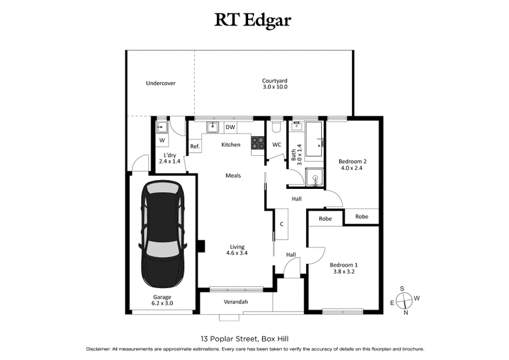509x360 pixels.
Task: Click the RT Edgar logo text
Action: (x=254, y=20)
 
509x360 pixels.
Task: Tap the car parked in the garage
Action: (x=163, y=236)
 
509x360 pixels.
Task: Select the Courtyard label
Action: (x=275, y=81)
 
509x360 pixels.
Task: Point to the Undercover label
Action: (x=160, y=83)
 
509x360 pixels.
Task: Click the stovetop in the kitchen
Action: (x=258, y=144)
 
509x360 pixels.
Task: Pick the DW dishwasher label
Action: (x=230, y=128)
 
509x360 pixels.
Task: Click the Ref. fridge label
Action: (x=195, y=148)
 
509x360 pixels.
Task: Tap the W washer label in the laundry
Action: (x=162, y=141)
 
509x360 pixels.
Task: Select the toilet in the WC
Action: (x=275, y=128)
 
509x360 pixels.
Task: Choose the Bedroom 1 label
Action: (x=344, y=265)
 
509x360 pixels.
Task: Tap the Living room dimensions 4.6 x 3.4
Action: (x=236, y=253)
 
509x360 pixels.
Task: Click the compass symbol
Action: (x=403, y=300)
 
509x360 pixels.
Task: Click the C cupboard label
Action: (x=281, y=224)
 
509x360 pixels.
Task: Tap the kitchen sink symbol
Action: (x=213, y=128)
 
